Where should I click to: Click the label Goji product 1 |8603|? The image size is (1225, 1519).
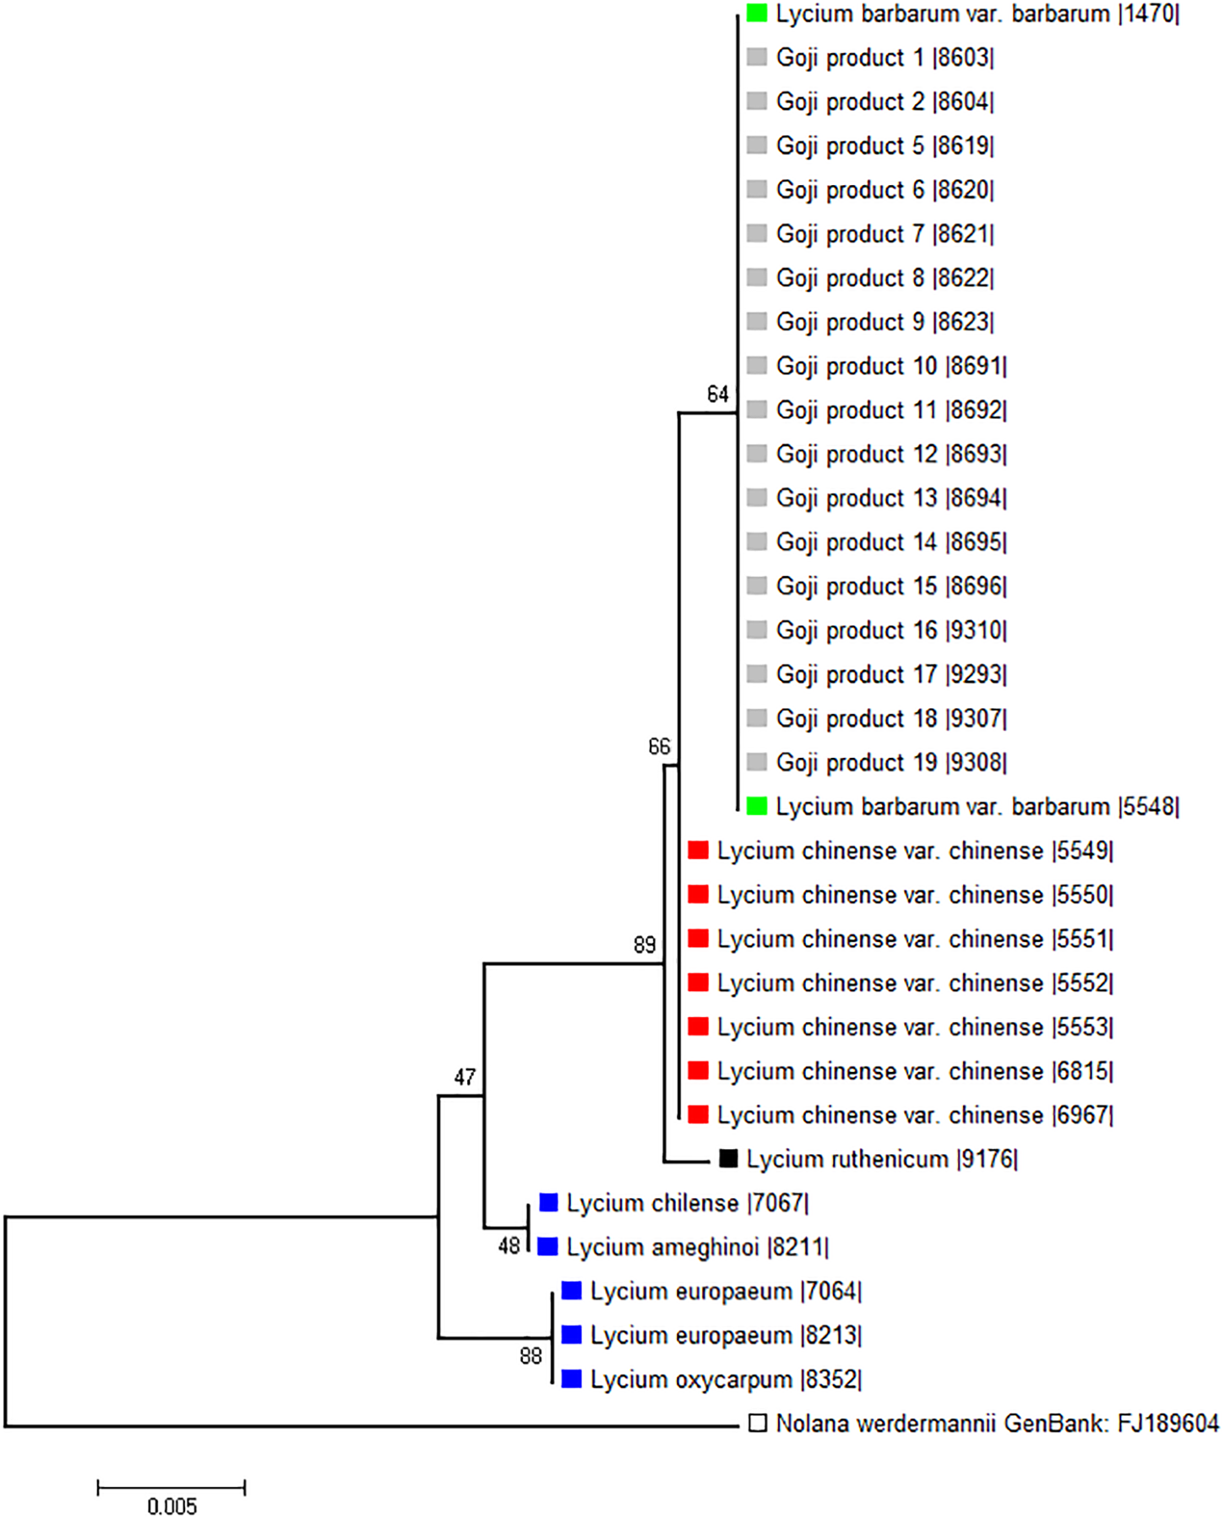pos(885,58)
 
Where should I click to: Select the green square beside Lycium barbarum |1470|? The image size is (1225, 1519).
pos(757,14)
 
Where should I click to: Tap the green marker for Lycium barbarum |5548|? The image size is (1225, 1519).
pos(757,806)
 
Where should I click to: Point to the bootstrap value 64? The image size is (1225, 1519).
pos(717,395)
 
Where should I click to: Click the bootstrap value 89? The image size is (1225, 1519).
pos(645,945)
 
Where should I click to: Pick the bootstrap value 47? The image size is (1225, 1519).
pos(465,1077)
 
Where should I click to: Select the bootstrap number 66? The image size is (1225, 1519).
pos(659,747)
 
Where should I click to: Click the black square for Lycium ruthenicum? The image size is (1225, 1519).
pos(728,1158)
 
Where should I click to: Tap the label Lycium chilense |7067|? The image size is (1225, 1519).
pos(687,1203)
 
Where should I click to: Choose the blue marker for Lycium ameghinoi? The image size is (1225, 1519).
pos(548,1246)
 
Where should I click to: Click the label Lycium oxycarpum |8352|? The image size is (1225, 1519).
pos(726,1380)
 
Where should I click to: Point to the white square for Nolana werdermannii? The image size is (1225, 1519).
pos(757,1424)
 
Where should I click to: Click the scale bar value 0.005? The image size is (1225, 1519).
pos(171,1505)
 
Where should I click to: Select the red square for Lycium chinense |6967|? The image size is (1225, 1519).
pos(698,1114)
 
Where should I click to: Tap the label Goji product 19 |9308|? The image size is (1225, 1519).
pos(891,762)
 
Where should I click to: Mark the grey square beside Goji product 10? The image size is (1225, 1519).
pos(757,365)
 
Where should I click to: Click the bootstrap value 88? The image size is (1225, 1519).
pos(531,1356)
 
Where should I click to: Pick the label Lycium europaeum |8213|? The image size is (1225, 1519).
pos(726,1336)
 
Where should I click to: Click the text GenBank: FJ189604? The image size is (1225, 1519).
pos(1111,1424)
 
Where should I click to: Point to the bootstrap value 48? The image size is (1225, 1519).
pos(509,1246)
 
